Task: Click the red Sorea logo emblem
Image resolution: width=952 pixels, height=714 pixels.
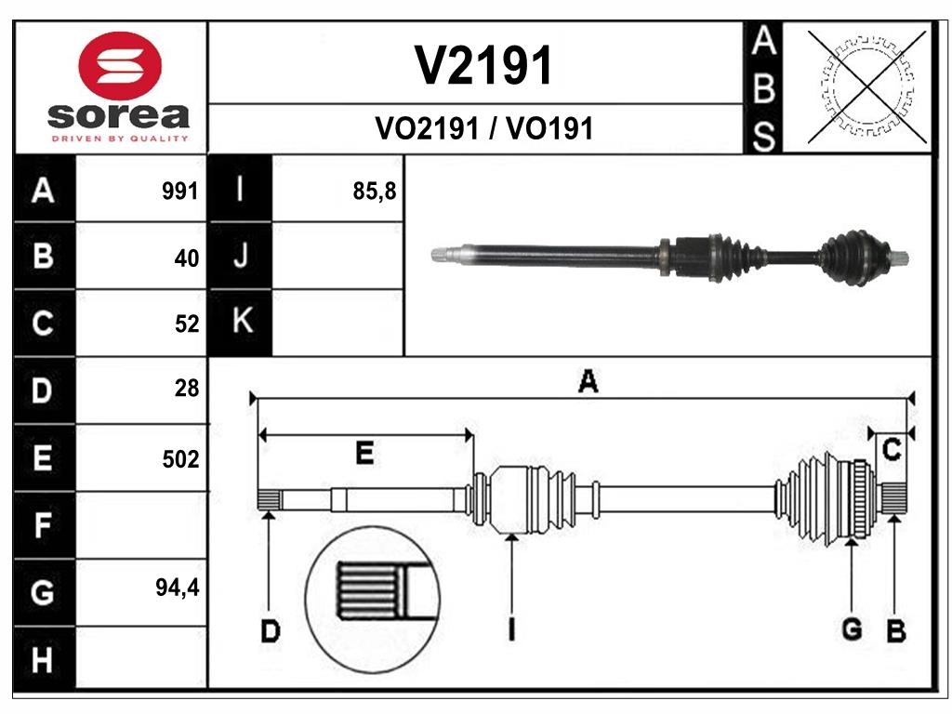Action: [x=118, y=67]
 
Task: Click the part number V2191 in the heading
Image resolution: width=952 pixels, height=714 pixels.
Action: [x=483, y=66]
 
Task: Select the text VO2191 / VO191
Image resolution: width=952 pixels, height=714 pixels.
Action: [x=483, y=128]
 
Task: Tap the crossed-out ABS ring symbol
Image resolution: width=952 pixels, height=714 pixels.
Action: [x=866, y=86]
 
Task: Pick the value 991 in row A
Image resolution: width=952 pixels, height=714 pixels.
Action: [x=179, y=192]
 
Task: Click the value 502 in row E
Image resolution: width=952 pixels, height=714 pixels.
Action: [x=179, y=459]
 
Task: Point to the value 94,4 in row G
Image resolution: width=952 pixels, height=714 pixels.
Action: [x=177, y=588]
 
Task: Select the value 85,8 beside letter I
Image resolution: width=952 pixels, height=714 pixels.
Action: [x=375, y=192]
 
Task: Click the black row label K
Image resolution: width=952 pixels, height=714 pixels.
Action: [x=241, y=322]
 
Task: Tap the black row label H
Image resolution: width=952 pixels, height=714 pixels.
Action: [x=43, y=660]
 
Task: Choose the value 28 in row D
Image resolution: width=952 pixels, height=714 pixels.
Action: [x=187, y=389]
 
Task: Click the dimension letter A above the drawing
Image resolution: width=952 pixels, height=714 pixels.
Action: [x=587, y=381]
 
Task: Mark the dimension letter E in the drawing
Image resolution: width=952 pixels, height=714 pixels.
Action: [x=364, y=453]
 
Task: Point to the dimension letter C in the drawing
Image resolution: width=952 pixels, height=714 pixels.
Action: [x=891, y=451]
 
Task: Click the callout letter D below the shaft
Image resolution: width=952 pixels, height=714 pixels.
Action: [x=270, y=632]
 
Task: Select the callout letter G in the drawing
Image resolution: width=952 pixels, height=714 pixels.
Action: [x=851, y=629]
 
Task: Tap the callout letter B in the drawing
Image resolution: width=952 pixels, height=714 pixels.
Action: [x=895, y=632]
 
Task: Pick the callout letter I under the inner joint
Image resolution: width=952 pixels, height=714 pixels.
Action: [x=511, y=629]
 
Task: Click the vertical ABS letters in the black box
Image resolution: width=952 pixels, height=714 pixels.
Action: [x=762, y=88]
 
